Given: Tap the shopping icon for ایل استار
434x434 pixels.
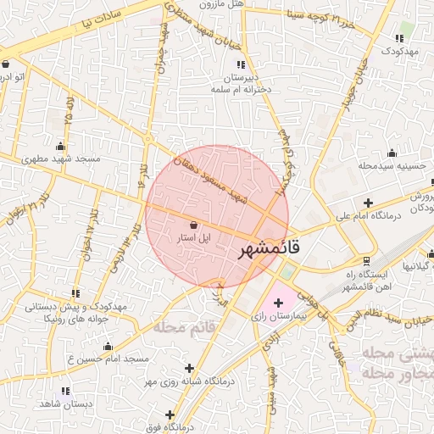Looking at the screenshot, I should click(x=196, y=225).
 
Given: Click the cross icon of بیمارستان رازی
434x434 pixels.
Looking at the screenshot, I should click(x=278, y=302).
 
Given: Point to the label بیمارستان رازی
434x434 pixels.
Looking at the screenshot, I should click(x=278, y=316).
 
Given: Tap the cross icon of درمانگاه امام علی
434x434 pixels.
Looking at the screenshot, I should click(x=367, y=203).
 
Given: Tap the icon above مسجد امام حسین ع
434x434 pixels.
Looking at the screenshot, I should click(x=108, y=347).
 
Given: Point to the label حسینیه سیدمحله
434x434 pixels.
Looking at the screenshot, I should click(x=391, y=166).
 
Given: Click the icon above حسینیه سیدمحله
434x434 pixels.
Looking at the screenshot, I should click(x=392, y=153).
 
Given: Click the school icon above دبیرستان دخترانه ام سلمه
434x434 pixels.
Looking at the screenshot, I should click(x=241, y=64).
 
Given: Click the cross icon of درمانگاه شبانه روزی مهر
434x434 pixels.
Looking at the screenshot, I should click(x=189, y=368).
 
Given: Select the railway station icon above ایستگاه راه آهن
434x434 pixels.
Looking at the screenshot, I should click(x=365, y=261).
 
